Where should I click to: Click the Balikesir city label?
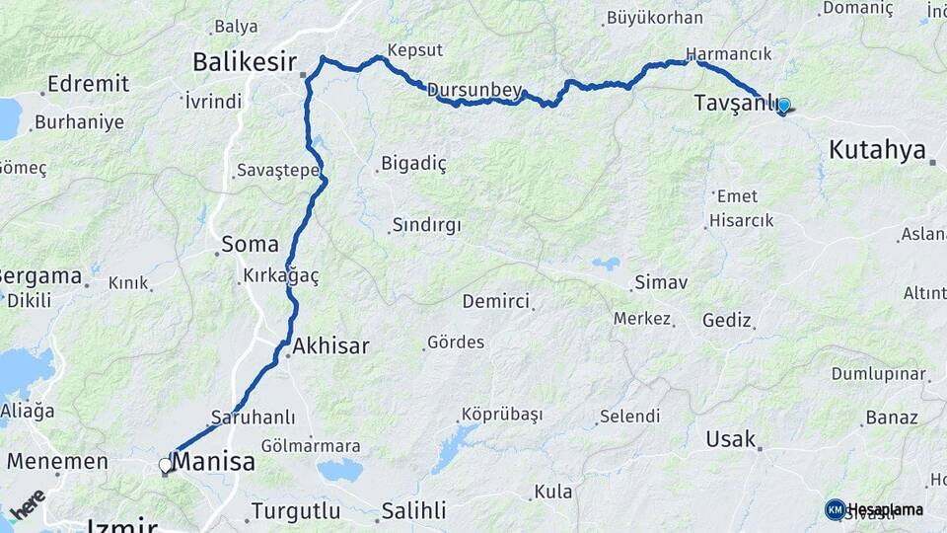click(x=245, y=62)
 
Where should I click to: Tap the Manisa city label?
click(x=213, y=462)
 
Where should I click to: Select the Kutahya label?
click(x=877, y=150)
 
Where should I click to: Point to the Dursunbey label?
click(x=474, y=90)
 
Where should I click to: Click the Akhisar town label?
click(x=330, y=346)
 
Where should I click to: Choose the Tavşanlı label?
click(x=736, y=103)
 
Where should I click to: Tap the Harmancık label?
click(x=728, y=54)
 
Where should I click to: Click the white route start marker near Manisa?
click(x=166, y=464)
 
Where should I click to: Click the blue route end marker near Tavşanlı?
click(x=783, y=105)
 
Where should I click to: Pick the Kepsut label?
click(x=415, y=49)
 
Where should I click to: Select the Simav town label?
click(x=660, y=283)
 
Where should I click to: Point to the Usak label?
click(x=730, y=439)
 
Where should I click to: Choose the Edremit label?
click(x=88, y=84)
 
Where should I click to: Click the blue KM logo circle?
click(x=835, y=509)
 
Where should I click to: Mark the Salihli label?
click(x=413, y=511)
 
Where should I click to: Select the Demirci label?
click(x=495, y=301)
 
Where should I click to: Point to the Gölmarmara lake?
click(x=340, y=470)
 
